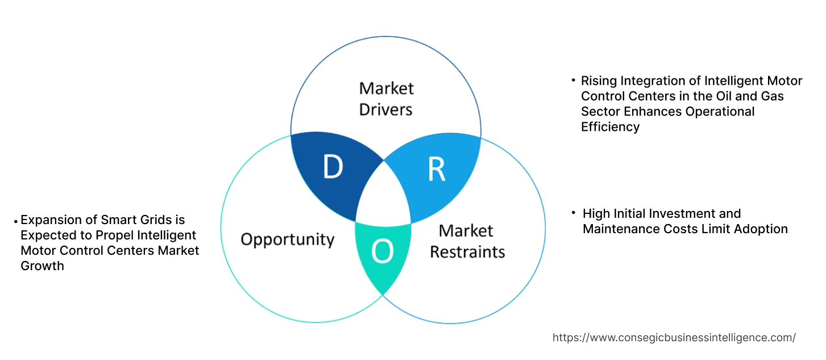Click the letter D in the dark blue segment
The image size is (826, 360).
[333, 167]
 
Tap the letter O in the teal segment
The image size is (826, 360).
[382, 252]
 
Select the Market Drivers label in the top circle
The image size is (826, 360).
[387, 98]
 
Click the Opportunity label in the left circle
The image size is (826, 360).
[287, 239]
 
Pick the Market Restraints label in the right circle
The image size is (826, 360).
[467, 241]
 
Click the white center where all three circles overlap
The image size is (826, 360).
[384, 193]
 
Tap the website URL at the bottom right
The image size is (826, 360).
[674, 337]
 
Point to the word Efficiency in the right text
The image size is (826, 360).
[610, 127]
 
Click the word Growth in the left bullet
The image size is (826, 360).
[42, 266]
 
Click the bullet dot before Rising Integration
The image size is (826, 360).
[573, 81]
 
